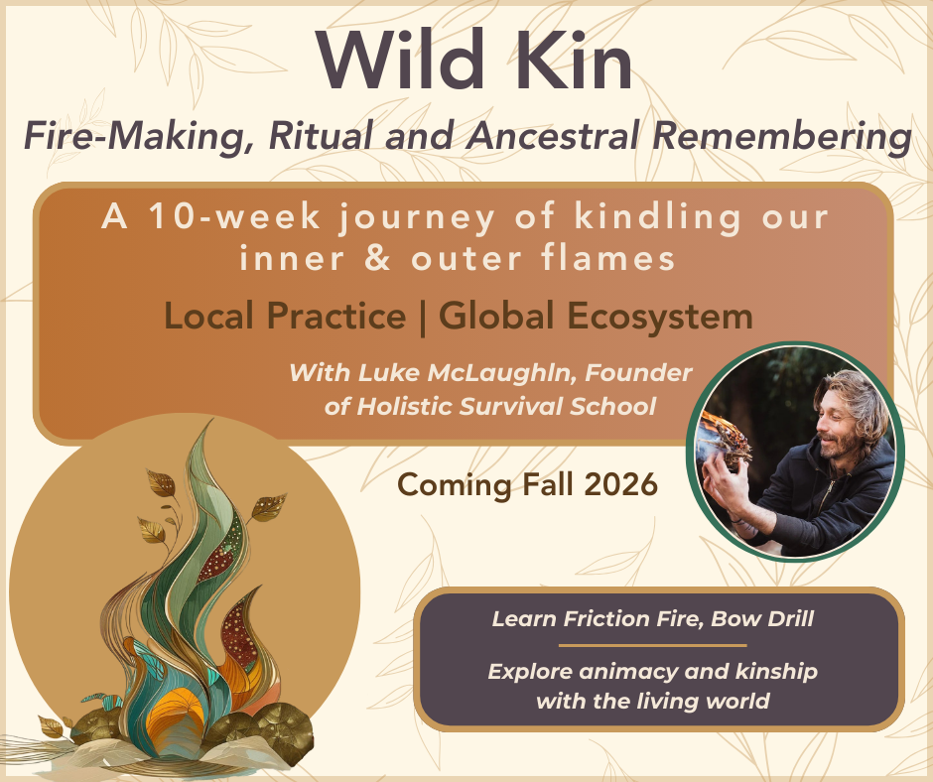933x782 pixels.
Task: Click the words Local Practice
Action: [x=285, y=317]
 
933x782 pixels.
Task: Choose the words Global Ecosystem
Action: [x=596, y=317]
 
